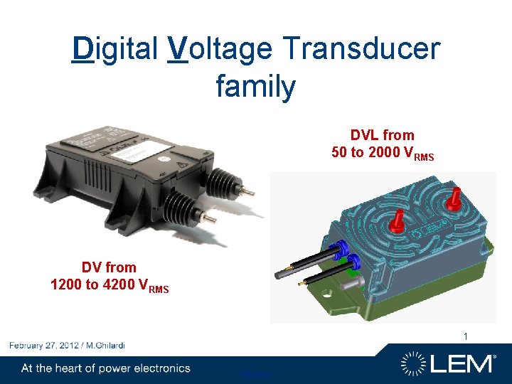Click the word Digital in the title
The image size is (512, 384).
click(x=115, y=50)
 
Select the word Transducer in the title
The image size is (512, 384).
click(x=361, y=50)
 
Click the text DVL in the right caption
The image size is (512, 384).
click(x=364, y=135)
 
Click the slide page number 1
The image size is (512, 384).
click(x=466, y=336)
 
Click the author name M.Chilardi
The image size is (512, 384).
click(x=106, y=346)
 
